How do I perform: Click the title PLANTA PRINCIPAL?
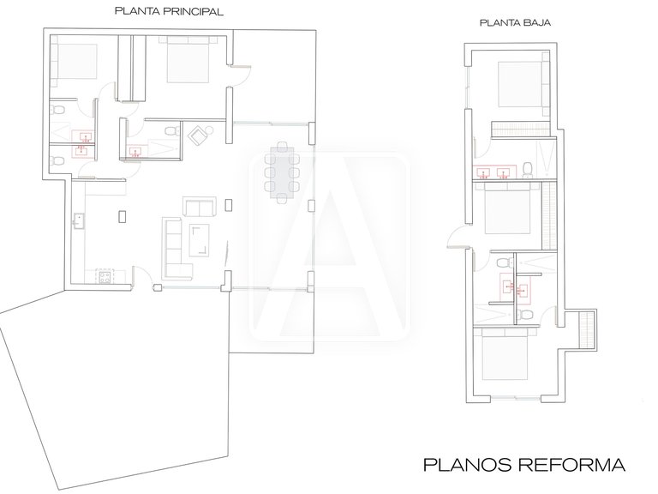click(169, 13)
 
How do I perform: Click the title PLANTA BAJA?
click(514, 25)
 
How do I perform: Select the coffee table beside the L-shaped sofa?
click(200, 239)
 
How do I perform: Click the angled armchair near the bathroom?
click(200, 136)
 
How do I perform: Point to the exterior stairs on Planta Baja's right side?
click(588, 329)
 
